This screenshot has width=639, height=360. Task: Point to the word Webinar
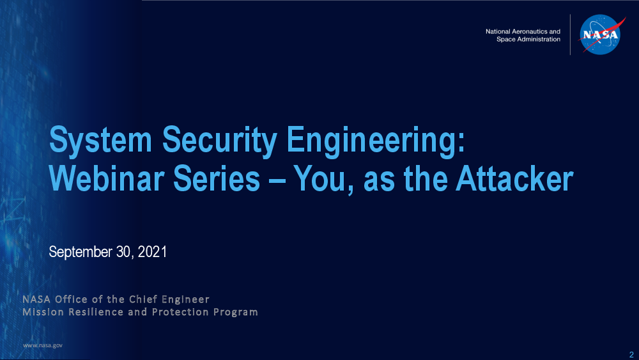[x=106, y=178]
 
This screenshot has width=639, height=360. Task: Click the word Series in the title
[x=217, y=178]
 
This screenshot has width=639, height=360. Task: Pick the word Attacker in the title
[x=514, y=178]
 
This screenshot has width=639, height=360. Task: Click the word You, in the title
[x=323, y=180]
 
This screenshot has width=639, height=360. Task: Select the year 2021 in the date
[x=153, y=251]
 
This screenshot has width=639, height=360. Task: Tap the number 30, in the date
[x=125, y=252]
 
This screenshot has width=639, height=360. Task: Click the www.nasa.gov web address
[x=43, y=345]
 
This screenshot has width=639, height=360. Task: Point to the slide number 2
[x=631, y=354]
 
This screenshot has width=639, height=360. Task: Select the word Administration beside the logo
[x=539, y=39]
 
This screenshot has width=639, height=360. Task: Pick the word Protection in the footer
[x=180, y=312]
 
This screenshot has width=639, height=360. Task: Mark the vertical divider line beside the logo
[x=570, y=35]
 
